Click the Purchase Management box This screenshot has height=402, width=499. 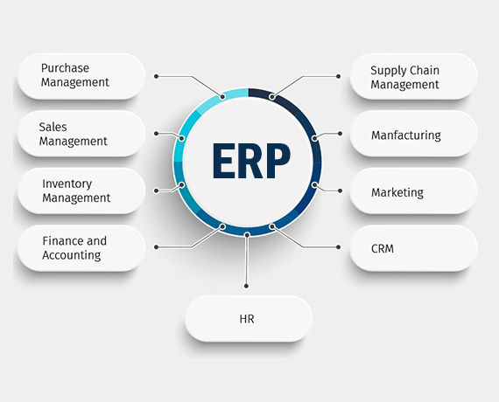(x=81, y=76)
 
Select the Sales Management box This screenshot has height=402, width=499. (x=81, y=134)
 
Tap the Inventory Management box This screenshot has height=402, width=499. (x=81, y=191)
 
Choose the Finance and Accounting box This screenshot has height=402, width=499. (x=81, y=248)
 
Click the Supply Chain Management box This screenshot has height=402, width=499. (x=414, y=76)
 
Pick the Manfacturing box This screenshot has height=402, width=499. (x=414, y=134)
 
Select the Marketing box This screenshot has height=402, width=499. (x=414, y=191)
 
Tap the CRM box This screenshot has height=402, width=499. (x=414, y=248)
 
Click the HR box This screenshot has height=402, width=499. (x=249, y=319)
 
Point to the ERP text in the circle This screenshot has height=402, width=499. (x=251, y=161)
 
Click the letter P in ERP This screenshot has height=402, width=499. (x=278, y=161)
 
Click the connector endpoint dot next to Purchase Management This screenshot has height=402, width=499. (x=156, y=76)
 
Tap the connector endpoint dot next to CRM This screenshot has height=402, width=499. (x=338, y=247)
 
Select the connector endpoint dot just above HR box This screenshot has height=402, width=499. (x=246, y=286)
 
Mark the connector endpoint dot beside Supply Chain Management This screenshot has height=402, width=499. (x=338, y=76)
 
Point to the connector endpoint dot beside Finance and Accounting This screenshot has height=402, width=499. (x=156, y=247)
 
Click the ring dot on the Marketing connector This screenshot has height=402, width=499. (x=314, y=184)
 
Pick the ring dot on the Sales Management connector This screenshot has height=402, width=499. (x=182, y=138)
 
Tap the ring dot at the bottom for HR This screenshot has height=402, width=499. (x=247, y=234)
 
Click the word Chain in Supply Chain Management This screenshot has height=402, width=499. (x=425, y=70)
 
